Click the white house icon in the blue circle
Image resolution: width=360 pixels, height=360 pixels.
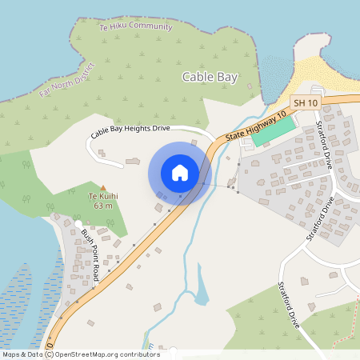(x=180, y=173)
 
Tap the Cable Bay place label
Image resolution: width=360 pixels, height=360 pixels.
(x=210, y=77)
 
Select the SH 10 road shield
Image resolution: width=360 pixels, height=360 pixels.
(x=305, y=102)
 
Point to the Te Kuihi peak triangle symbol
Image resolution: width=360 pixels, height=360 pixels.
(x=102, y=188)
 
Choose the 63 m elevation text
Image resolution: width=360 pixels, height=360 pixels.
(x=102, y=206)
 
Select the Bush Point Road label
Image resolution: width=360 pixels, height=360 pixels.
(x=90, y=255)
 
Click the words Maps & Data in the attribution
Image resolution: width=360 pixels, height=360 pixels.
(x=22, y=354)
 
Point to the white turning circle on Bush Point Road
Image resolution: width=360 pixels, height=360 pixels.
(x=78, y=223)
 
